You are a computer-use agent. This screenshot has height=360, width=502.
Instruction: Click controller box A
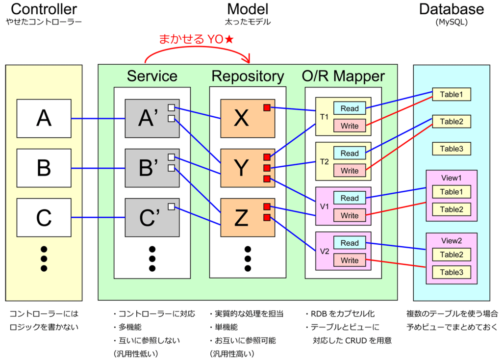[44, 119]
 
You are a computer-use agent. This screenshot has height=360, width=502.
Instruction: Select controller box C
[44, 217]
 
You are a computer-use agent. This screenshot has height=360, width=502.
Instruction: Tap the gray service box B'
[152, 168]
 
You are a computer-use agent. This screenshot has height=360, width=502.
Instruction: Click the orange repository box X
[248, 119]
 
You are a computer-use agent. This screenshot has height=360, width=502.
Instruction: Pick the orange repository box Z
[248, 217]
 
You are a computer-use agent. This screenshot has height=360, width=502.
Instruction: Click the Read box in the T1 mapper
[349, 108]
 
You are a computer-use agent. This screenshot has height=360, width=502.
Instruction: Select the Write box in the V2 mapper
[349, 260]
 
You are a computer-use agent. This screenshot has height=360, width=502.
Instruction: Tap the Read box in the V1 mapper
[349, 198]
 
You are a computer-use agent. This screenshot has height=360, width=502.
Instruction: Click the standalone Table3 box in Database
[452, 149]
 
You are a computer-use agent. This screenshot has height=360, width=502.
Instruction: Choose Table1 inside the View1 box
[452, 192]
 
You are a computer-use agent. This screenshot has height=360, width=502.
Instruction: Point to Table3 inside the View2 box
[452, 272]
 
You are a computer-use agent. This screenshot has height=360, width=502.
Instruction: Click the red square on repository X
[267, 107]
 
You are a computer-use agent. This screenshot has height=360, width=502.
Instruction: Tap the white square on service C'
[171, 206]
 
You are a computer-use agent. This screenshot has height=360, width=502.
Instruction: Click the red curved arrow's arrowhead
[247, 59]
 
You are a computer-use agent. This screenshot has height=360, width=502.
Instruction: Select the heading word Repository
[248, 76]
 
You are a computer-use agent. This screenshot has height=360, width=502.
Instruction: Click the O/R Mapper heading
[343, 76]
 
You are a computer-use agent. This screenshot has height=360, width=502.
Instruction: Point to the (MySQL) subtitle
[452, 22]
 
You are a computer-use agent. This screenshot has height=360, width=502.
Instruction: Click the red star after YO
[229, 39]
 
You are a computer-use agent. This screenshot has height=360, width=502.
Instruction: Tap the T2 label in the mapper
[325, 162]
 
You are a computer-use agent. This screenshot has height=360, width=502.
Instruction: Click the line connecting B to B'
[98, 168]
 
